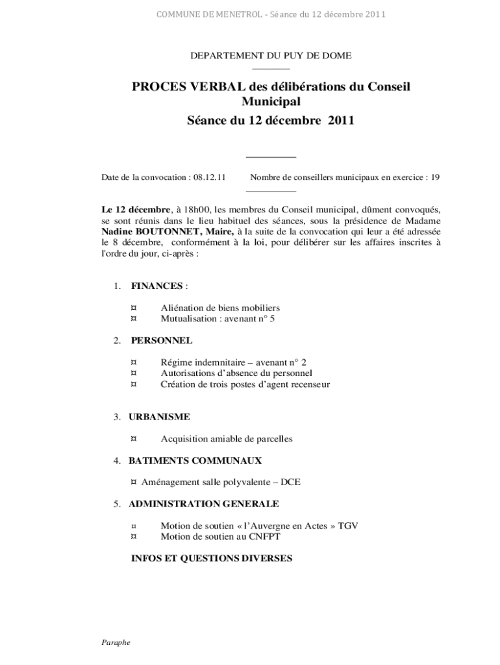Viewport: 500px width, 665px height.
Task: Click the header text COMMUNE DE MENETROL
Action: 207,14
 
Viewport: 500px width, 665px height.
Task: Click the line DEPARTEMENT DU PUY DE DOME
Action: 271,56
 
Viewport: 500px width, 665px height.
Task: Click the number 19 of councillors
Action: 435,177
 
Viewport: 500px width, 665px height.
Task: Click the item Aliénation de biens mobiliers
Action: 220,308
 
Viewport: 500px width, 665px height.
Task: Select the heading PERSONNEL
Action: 161,340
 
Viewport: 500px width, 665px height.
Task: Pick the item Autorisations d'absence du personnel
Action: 236,373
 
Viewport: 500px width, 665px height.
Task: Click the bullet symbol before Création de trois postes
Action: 134,384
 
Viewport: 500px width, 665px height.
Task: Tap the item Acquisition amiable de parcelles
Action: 227,439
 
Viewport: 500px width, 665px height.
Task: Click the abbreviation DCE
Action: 290,483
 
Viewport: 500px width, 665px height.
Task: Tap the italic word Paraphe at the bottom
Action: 116,642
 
